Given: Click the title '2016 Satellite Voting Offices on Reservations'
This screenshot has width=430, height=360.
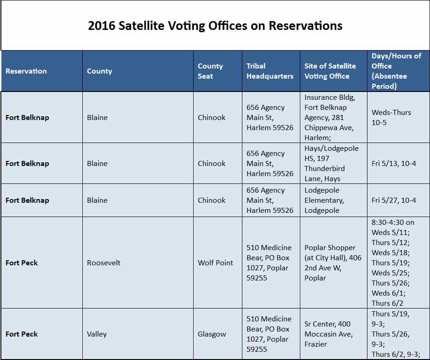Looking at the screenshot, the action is [x=215, y=26].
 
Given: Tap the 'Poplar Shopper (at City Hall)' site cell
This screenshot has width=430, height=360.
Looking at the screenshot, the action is [x=333, y=263].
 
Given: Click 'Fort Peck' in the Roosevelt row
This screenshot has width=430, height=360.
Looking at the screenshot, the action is [x=22, y=263].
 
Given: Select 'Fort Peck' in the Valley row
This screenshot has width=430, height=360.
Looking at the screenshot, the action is [x=22, y=334].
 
